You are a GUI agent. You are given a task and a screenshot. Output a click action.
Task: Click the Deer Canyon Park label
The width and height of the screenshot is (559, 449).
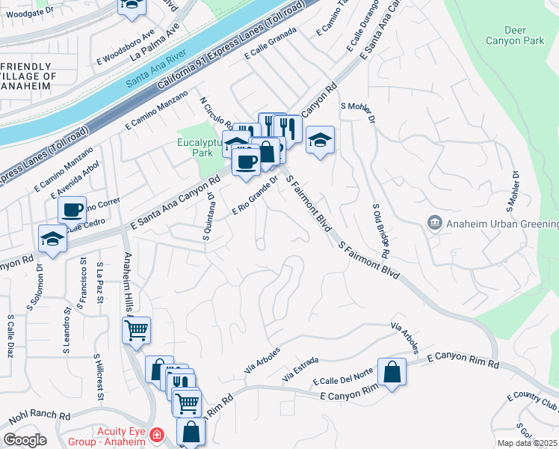coord(515,34)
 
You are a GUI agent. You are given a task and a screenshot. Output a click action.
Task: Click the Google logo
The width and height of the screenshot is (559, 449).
coord(25,440)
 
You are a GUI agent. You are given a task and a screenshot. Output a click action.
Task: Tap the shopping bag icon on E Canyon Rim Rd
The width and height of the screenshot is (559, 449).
coord(392,372)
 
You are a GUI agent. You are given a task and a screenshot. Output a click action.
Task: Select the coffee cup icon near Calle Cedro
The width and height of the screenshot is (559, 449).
coord(72,210)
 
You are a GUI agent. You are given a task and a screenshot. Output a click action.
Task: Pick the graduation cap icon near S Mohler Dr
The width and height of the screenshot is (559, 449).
coord(319,140)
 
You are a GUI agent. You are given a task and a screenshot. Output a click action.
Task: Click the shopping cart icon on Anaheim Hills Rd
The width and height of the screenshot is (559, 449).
coord(137,330)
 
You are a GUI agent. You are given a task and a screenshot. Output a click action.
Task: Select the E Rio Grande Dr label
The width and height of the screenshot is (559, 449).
coord(255,198)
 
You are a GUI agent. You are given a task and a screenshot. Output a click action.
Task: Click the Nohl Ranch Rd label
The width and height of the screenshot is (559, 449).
coord(40,415)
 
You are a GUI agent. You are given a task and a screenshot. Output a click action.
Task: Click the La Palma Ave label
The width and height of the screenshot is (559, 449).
coord(155,43)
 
